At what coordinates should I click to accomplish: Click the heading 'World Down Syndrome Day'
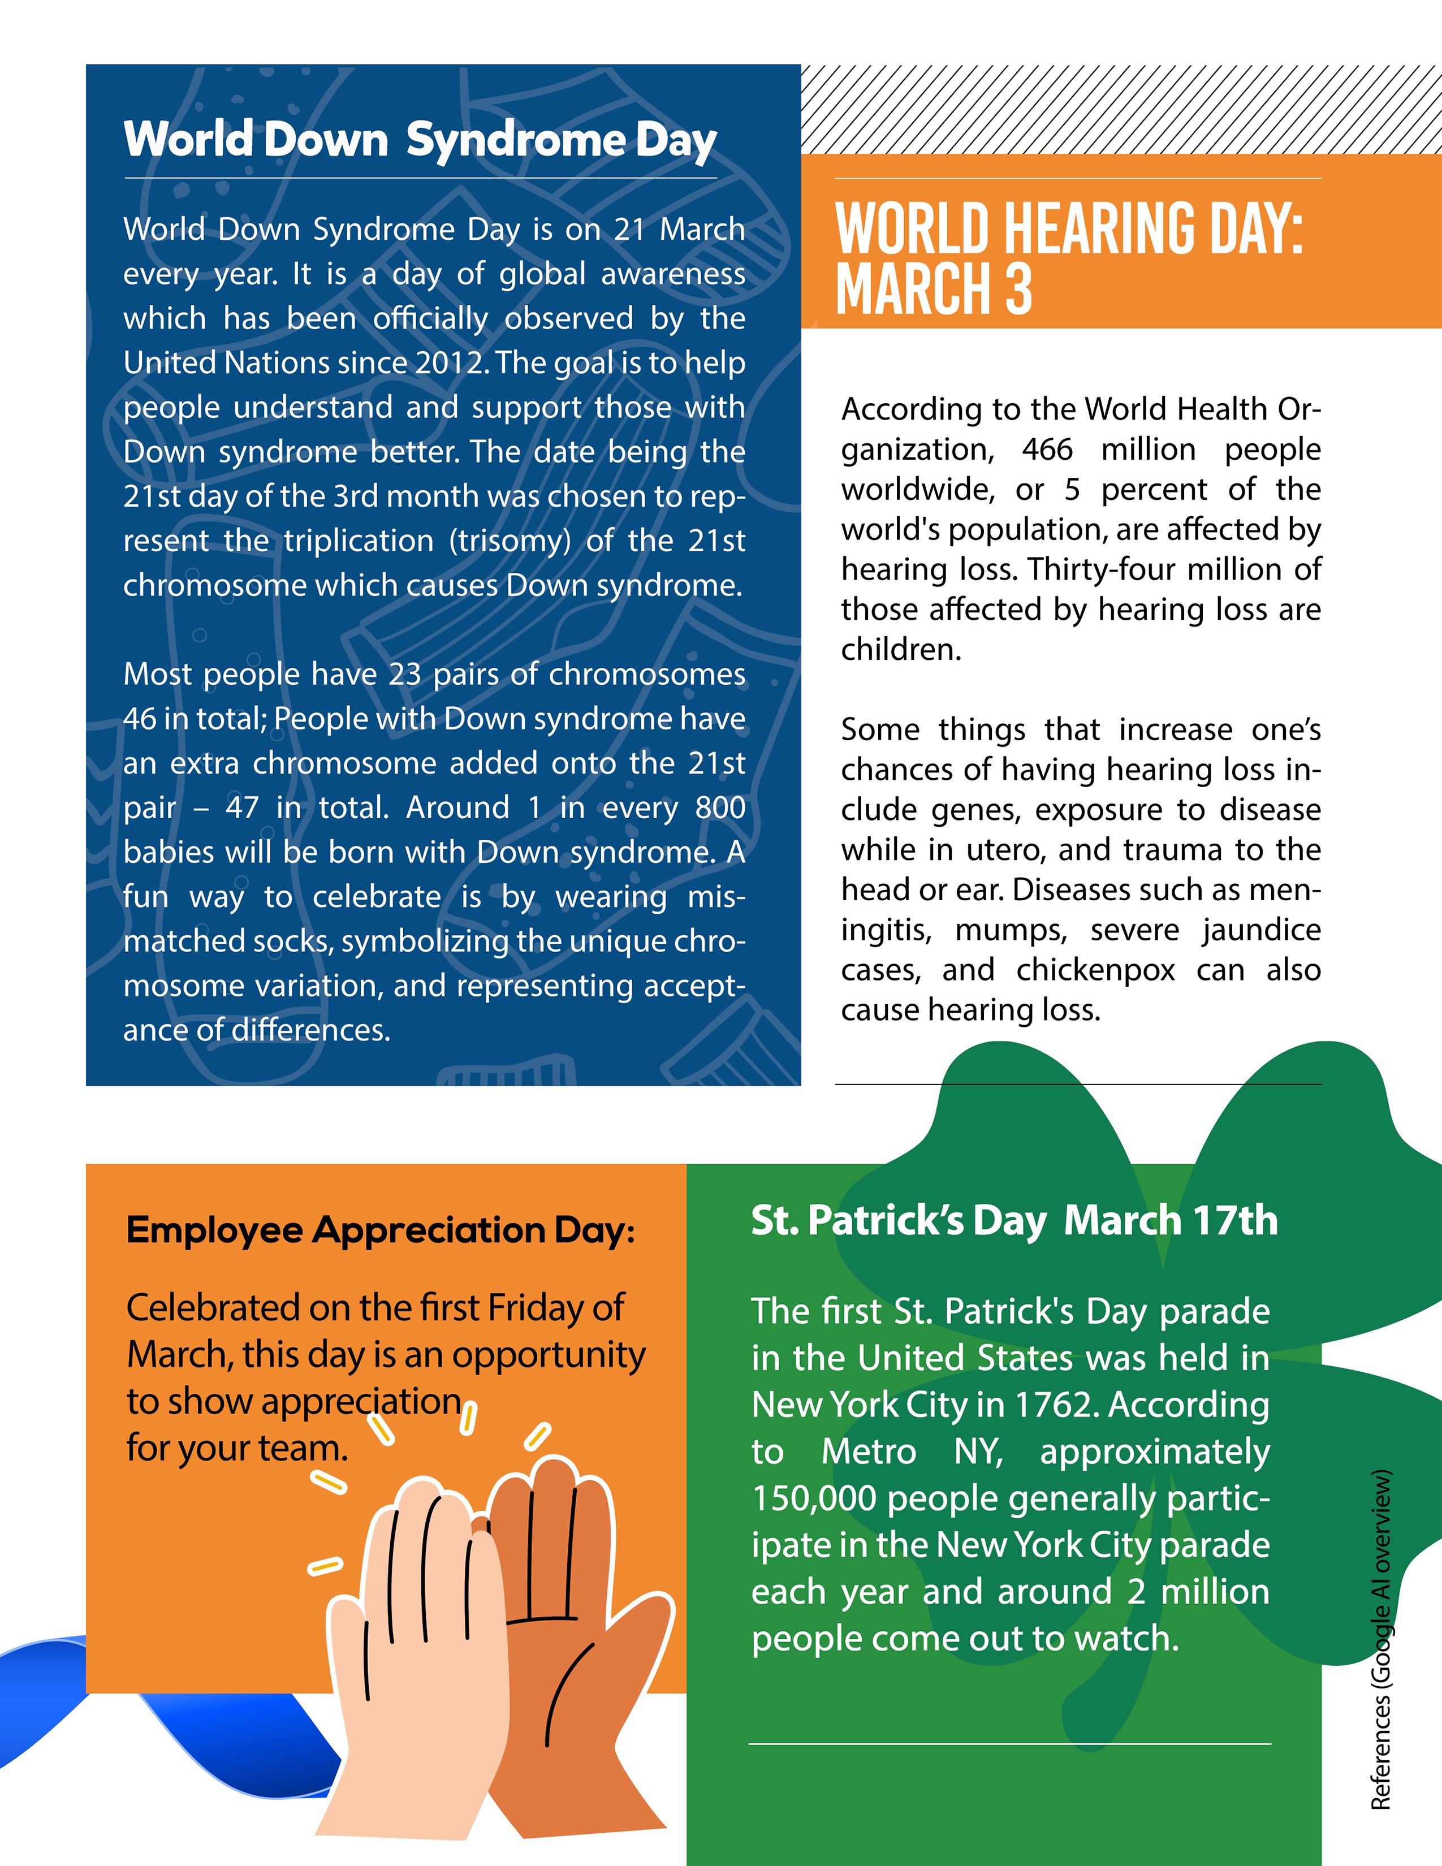tap(420, 139)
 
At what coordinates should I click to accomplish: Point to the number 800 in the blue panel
tap(720, 807)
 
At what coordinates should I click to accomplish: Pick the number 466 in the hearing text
tap(1047, 450)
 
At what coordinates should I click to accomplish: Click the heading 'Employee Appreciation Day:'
tap(380, 1230)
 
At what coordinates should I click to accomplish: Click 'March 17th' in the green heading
tap(1171, 1220)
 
